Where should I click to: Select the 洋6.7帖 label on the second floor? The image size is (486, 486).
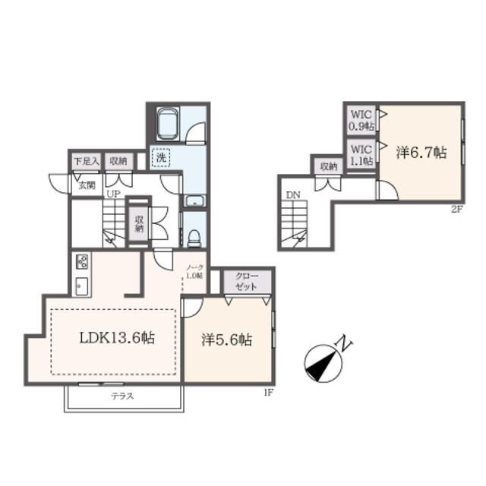pyautogui.click(x=420, y=151)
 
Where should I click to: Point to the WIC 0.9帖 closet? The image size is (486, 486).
pyautogui.click(x=360, y=121)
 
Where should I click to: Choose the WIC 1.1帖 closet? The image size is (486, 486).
pyautogui.click(x=360, y=155)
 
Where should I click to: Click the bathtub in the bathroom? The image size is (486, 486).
pyautogui.click(x=168, y=121)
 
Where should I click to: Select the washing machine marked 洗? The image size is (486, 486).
pyautogui.click(x=161, y=158)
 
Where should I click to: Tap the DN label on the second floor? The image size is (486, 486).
pyautogui.click(x=293, y=195)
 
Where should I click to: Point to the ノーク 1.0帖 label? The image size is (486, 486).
pyautogui.click(x=194, y=272)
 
